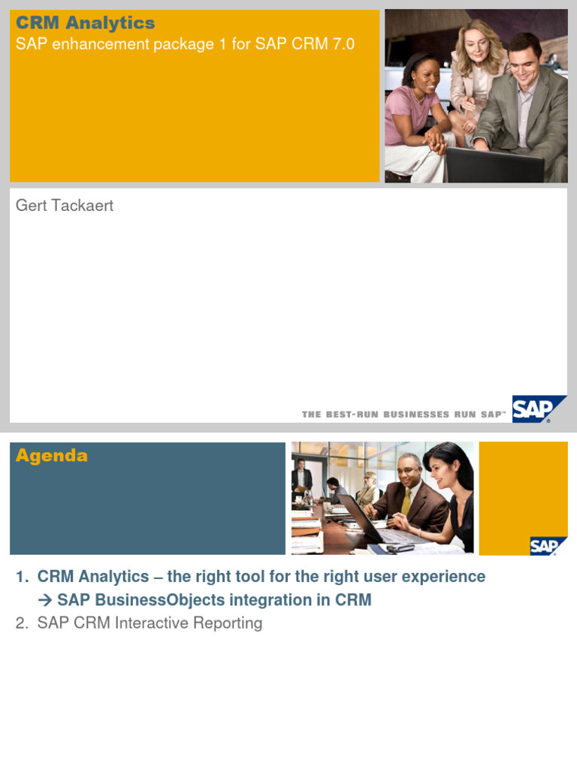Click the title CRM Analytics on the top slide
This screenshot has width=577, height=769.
[85, 23]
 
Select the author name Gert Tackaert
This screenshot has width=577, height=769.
[65, 205]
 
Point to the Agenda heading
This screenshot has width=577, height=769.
[51, 456]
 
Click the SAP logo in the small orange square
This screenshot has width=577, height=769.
[543, 546]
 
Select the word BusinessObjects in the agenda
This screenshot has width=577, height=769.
[155, 600]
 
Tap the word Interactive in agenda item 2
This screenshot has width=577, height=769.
[153, 623]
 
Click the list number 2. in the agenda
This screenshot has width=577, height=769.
[22, 623]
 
